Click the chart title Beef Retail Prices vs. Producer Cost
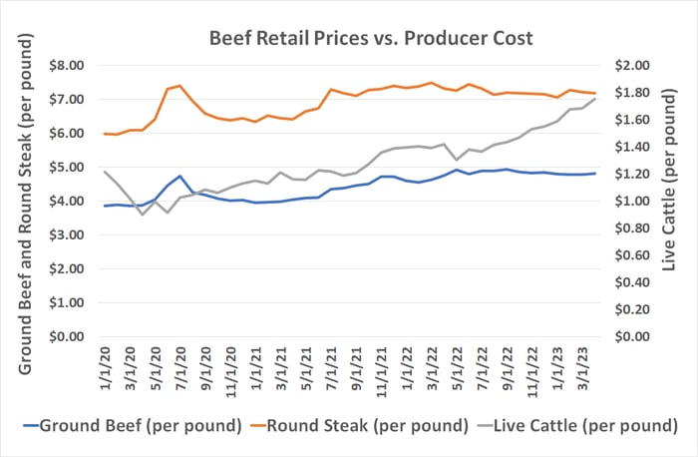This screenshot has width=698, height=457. pos(371,39)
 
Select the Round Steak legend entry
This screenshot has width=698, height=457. pos(353,425)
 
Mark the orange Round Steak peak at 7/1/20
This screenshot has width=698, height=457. pos(180,86)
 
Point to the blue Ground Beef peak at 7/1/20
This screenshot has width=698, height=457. pos(180,177)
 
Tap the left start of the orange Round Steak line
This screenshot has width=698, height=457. pos(106,134)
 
